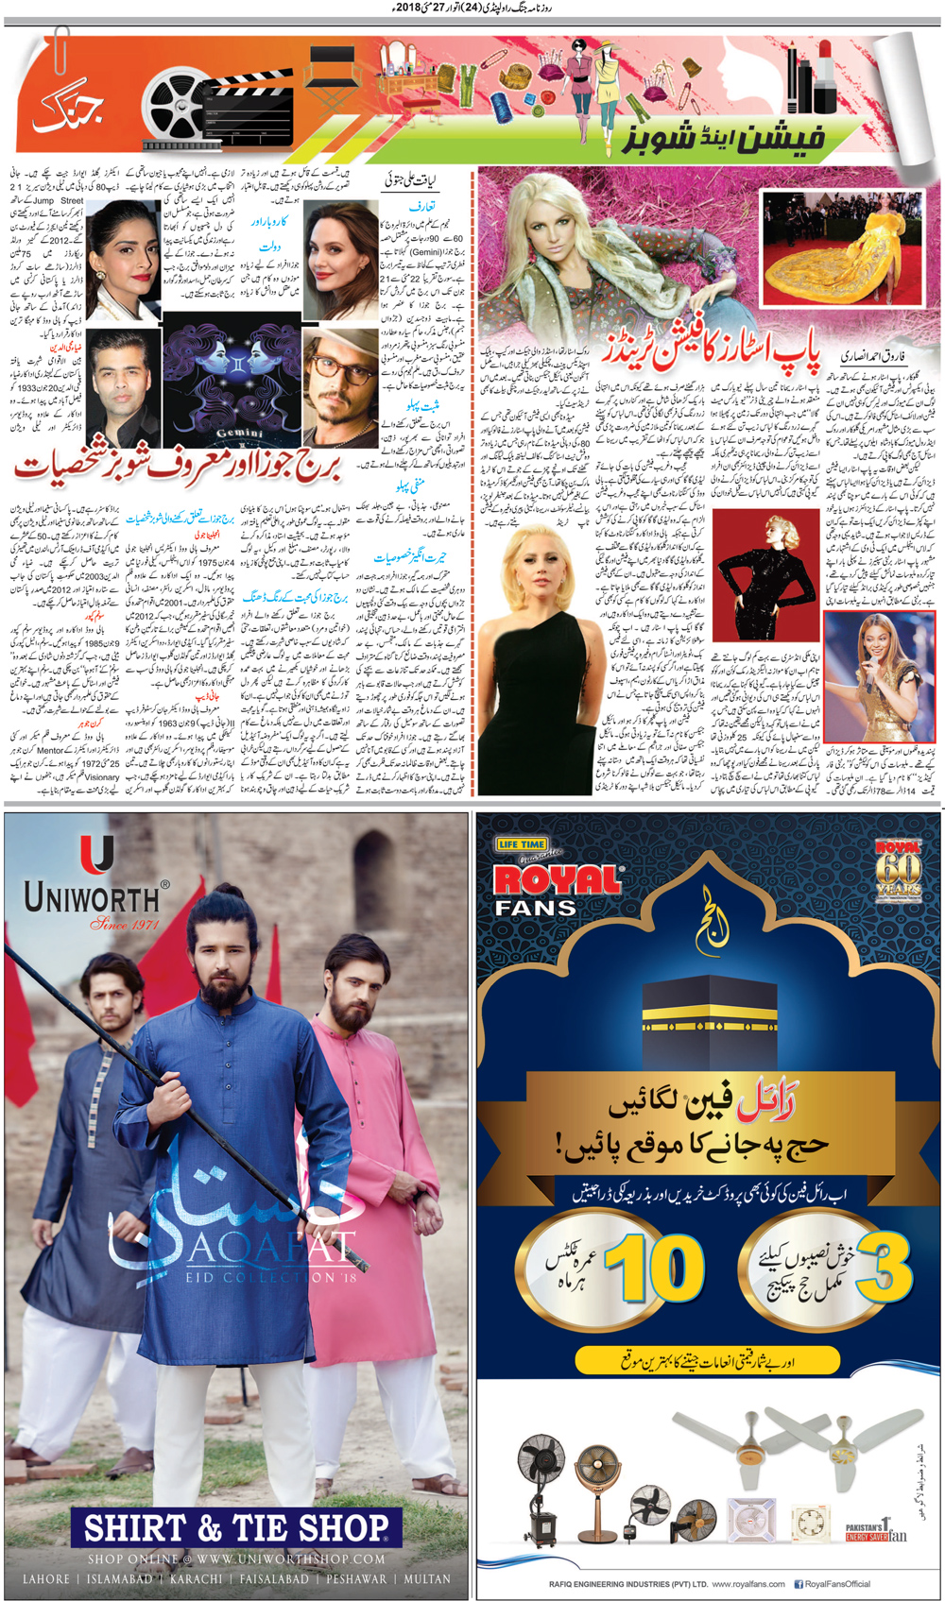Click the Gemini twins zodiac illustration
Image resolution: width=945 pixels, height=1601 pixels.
tap(232, 382)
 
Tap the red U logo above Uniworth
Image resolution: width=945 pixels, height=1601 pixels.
tap(96, 854)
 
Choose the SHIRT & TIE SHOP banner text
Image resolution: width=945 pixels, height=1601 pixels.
tap(236, 1528)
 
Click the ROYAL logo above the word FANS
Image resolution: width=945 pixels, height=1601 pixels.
tap(557, 881)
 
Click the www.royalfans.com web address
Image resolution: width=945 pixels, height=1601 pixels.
tap(748, 1584)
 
